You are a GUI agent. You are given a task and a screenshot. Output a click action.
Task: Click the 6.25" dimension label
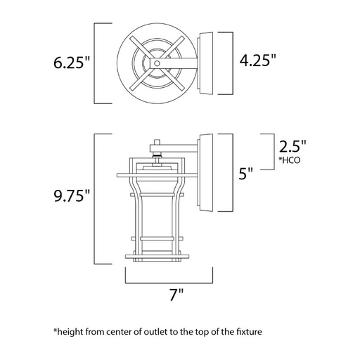pyautogui.click(x=72, y=63)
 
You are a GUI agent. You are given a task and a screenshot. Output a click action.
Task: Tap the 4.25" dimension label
pyautogui.click(x=258, y=60)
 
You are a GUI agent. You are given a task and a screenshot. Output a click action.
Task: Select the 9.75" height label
pyautogui.click(x=72, y=195)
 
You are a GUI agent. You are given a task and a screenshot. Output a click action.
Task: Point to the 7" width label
pyautogui.click(x=176, y=295)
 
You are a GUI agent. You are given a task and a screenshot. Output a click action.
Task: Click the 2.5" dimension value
pyautogui.click(x=292, y=147)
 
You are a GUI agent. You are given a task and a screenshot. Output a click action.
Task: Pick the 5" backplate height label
pyautogui.click(x=246, y=174)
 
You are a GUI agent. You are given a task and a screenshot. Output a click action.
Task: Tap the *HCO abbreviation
pyautogui.click(x=289, y=160)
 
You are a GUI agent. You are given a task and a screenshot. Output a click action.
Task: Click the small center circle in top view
pyautogui.click(x=157, y=63)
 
